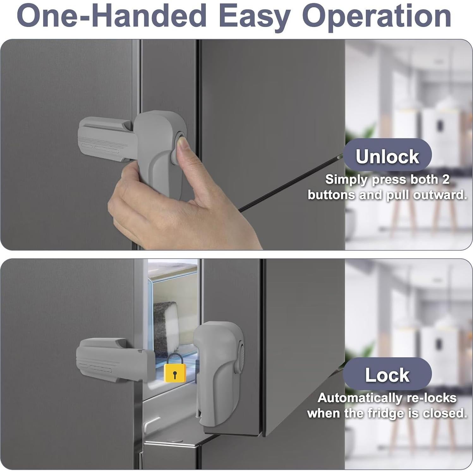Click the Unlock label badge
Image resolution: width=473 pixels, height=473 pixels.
pos(387,156)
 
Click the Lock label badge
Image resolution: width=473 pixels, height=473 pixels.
pos(387,375)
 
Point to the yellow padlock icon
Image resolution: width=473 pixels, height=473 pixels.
pos(174,368)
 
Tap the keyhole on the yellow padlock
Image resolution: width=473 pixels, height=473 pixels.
pos(175,374)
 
